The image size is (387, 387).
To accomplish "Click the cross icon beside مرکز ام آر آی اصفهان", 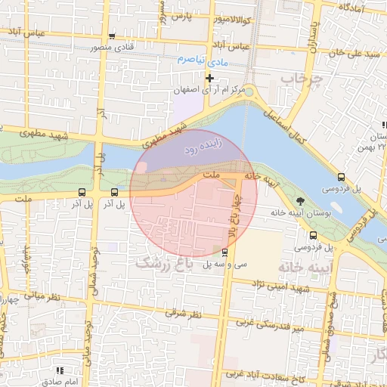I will click(x=209, y=78).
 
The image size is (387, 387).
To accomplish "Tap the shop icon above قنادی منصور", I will click(x=113, y=36).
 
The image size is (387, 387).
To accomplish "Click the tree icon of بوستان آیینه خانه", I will click(x=301, y=201).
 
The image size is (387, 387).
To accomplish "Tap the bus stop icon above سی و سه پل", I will click(x=224, y=252).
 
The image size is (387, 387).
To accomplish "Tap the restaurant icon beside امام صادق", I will click(x=60, y=370).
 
